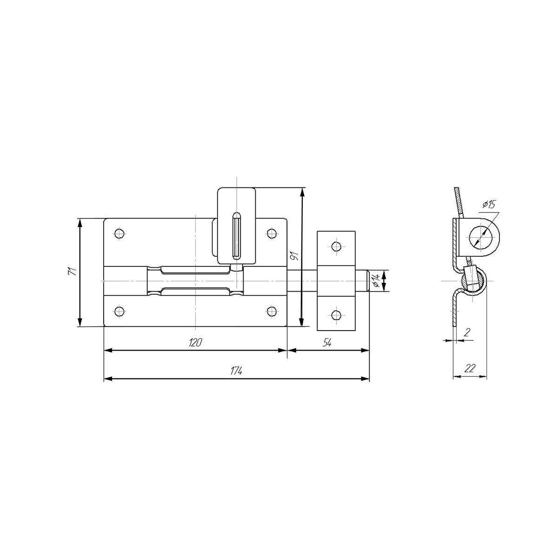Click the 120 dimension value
click(x=195, y=343)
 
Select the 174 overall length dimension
click(x=236, y=371)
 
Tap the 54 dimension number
click(x=327, y=343)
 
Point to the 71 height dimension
click(x=72, y=271)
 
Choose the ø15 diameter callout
click(x=489, y=205)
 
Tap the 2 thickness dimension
click(x=466, y=332)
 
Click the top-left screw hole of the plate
click(x=120, y=233)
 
